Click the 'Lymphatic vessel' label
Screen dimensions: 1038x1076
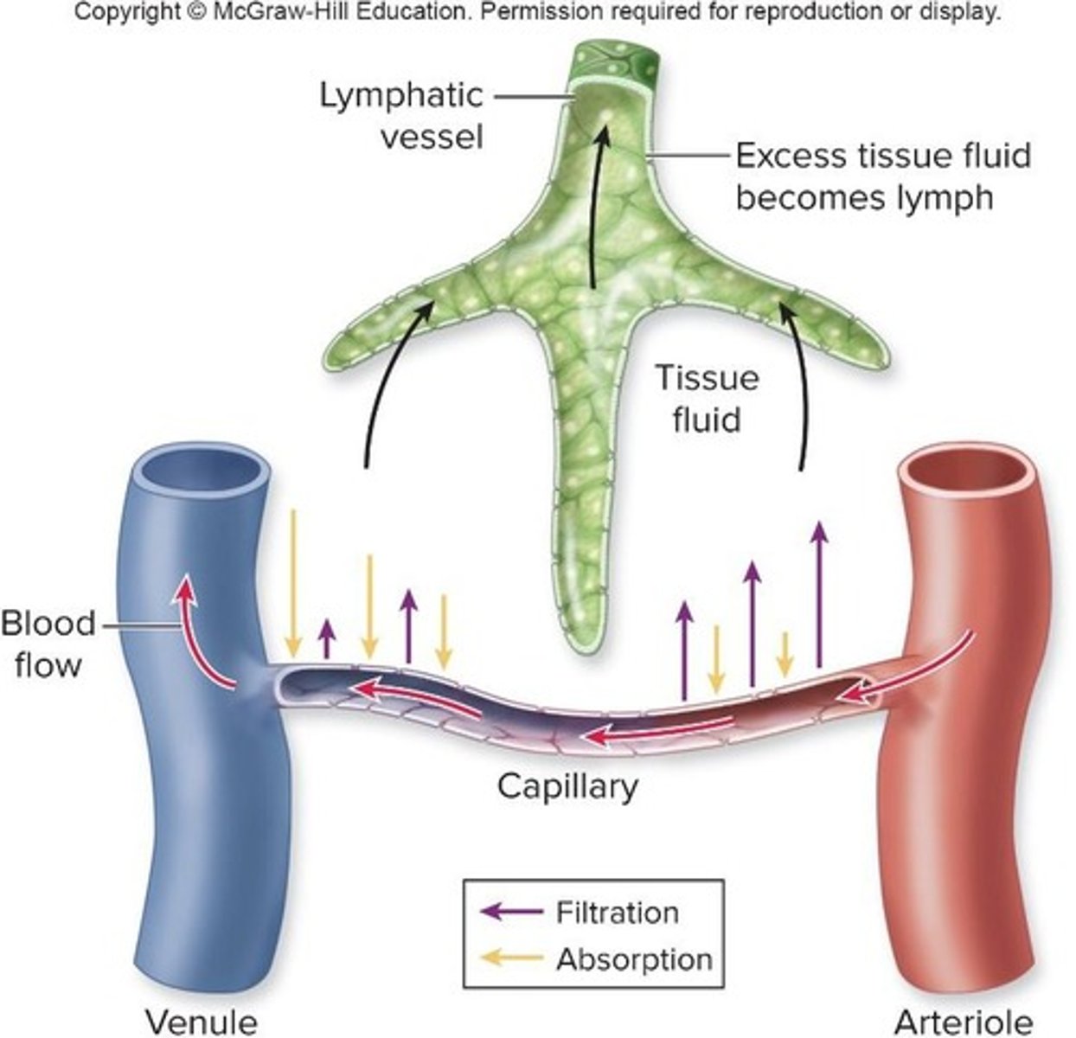(x=400, y=115)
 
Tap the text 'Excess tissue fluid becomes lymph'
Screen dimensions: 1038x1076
(x=882, y=176)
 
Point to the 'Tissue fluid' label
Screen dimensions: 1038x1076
(x=706, y=399)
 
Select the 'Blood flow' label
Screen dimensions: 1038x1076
(x=48, y=644)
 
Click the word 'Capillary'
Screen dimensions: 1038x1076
(x=567, y=786)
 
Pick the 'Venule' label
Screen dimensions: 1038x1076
(x=201, y=1021)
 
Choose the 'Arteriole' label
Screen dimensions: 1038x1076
(x=963, y=1021)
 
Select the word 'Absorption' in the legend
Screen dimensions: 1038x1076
(x=634, y=958)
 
